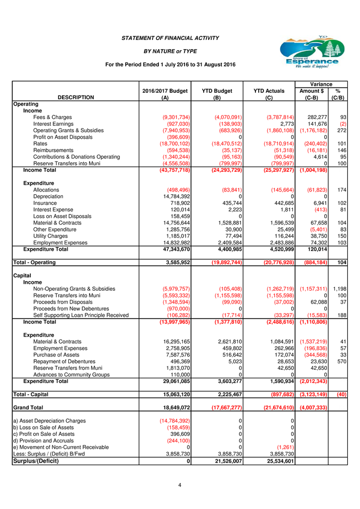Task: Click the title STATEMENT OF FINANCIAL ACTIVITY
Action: click(x=170, y=38)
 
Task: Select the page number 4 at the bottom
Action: click(x=180, y=485)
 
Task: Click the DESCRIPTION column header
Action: click(x=76, y=98)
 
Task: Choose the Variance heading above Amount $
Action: click(x=321, y=84)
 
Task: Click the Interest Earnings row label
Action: click(x=52, y=124)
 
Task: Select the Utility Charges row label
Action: click(x=51, y=235)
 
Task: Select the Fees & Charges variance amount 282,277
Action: click(x=313, y=117)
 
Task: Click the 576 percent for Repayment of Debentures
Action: click(x=340, y=362)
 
